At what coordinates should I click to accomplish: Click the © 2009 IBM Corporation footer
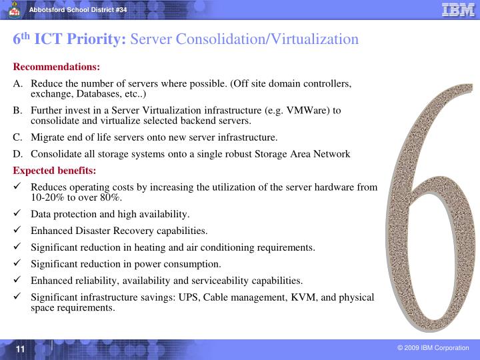[434, 348]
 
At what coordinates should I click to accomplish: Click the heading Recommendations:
[57, 67]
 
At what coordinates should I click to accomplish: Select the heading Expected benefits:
[55, 171]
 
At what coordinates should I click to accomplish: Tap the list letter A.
[17, 84]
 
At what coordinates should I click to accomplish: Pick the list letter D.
[17, 154]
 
